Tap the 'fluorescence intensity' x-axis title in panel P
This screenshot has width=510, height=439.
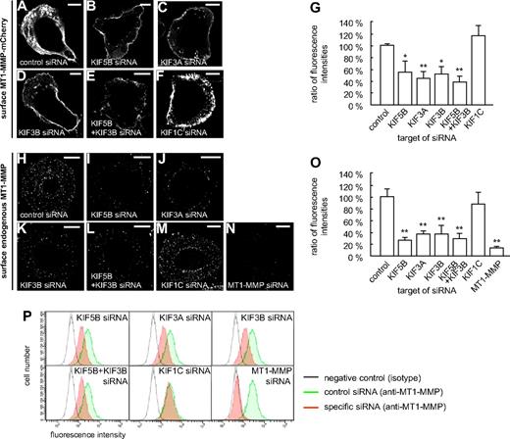(81, 432)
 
